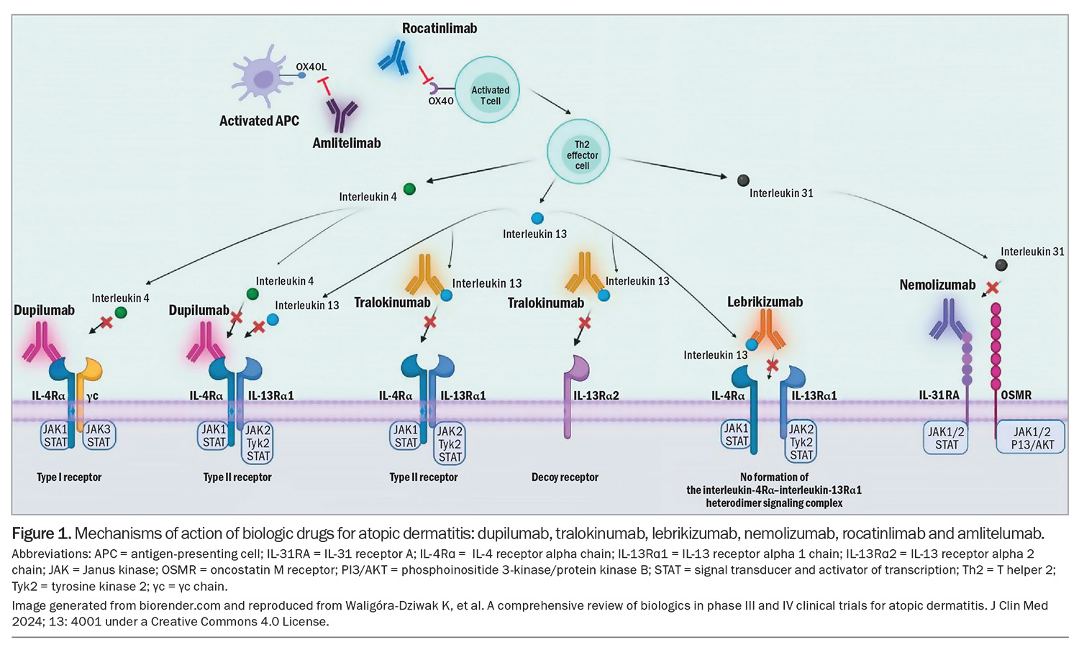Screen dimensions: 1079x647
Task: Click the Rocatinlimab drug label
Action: [x=440, y=29]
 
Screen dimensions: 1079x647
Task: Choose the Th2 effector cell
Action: [x=578, y=152]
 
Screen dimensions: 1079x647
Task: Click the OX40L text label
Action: [x=311, y=67]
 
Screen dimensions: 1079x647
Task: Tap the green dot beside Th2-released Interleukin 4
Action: [x=409, y=188]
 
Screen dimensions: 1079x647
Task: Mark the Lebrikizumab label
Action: [x=765, y=302]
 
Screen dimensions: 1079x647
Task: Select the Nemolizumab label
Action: [x=937, y=285]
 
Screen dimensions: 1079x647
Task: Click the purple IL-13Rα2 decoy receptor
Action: [x=568, y=395]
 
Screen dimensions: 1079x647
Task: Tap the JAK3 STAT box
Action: [x=99, y=436]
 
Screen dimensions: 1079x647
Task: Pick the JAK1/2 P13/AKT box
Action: [x=1032, y=438]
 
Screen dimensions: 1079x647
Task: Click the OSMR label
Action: [x=1016, y=395]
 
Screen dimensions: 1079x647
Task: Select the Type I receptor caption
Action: [x=69, y=477]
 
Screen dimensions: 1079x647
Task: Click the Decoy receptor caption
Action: [x=565, y=477]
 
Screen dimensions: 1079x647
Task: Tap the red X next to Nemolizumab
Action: [x=992, y=288]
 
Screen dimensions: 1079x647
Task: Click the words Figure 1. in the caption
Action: [x=42, y=534]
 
